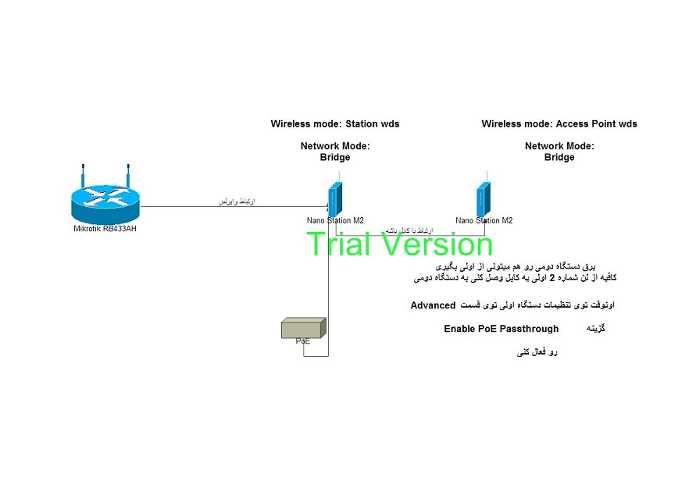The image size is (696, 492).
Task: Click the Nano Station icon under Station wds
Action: [334, 198]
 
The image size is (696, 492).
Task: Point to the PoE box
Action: [303, 329]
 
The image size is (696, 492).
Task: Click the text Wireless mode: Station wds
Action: [335, 124]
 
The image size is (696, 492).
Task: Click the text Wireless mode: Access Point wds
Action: [559, 124]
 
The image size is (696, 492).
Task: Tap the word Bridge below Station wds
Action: [335, 158]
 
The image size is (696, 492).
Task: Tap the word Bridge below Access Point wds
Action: [559, 158]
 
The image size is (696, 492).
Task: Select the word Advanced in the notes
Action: [433, 305]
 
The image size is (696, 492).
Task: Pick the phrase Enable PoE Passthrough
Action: [501, 329]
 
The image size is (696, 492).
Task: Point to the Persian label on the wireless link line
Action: [236, 202]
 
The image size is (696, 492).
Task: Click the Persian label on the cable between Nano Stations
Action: [404, 230]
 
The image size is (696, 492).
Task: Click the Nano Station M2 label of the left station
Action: [335, 221]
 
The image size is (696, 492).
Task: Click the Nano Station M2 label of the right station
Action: [484, 221]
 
